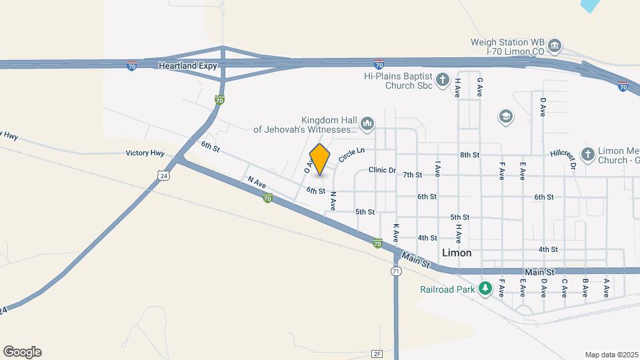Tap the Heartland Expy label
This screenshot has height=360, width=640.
tap(187, 66)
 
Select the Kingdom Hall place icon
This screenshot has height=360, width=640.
tap(367, 123)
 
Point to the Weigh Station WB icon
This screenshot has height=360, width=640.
tap(555, 47)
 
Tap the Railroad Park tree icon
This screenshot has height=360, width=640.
tap(487, 289)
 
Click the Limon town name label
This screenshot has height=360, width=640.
tap(457, 253)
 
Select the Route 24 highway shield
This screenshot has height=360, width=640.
tap(163, 175)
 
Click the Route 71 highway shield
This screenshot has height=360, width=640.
tap(397, 271)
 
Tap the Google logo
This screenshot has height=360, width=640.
tap(22, 352)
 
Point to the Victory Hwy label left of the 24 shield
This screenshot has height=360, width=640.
tap(145, 153)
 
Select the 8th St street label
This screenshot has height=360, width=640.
tap(469, 155)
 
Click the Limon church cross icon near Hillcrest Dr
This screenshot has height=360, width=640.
tap(587, 155)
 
